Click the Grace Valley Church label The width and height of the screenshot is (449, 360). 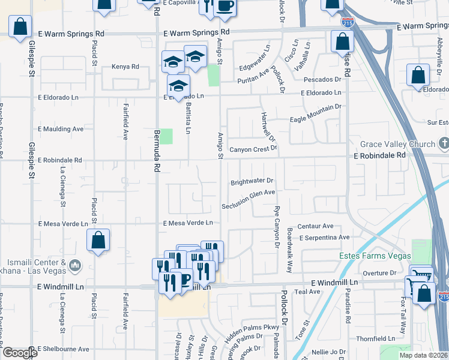(x=397, y=145)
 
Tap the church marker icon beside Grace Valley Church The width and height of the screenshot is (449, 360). (x=444, y=143)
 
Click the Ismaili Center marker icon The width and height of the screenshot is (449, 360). (x=74, y=265)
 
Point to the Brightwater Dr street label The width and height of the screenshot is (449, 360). (x=252, y=181)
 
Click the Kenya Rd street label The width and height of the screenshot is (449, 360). (x=125, y=67)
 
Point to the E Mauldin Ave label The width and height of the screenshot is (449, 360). (x=61, y=129)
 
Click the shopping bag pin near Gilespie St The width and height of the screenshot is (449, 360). (x=20, y=27)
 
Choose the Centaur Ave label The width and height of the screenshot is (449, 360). (x=315, y=226)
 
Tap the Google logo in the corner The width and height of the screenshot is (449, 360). (x=20, y=352)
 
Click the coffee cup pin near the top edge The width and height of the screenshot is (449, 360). (x=225, y=6)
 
